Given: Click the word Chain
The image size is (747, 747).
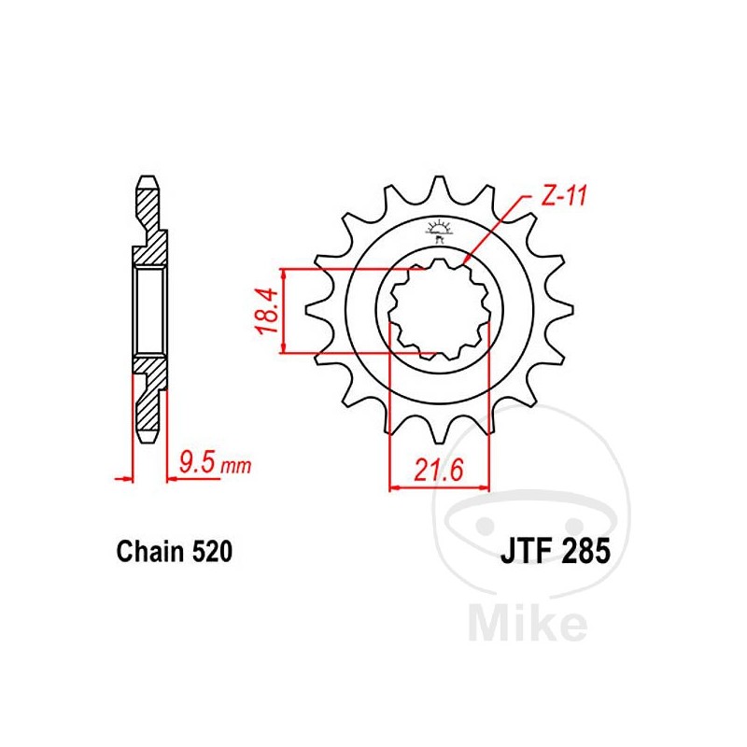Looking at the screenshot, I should [148, 552].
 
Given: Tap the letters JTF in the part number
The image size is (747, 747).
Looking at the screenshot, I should [522, 552].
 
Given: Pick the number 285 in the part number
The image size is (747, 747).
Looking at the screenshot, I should [584, 552].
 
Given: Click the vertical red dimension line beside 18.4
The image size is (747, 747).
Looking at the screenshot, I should [282, 311].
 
